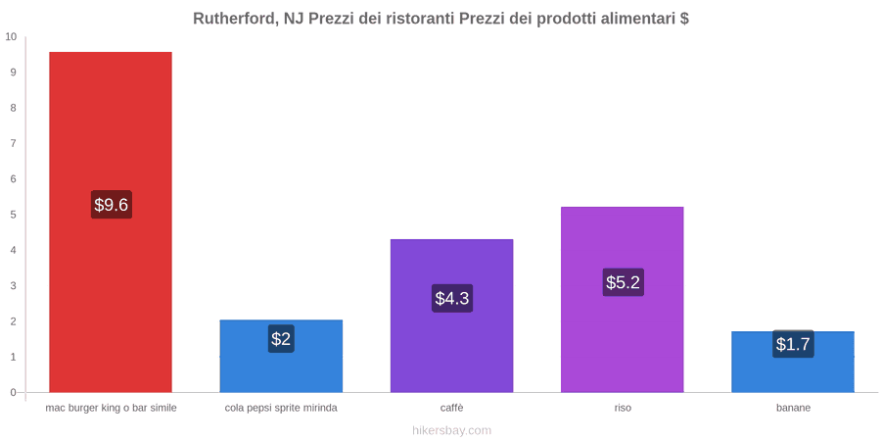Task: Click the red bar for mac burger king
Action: click(x=111, y=222)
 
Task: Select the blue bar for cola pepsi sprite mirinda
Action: click(x=281, y=356)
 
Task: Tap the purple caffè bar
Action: click(x=451, y=316)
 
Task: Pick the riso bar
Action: click(x=622, y=300)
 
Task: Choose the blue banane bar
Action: click(x=793, y=362)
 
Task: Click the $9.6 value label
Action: click(x=112, y=205)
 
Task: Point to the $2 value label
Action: click(x=281, y=339)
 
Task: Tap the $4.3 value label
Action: click(x=451, y=298)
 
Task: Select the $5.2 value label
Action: click(x=623, y=282)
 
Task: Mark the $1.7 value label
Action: click(x=793, y=344)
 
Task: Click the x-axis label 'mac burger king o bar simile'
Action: click(x=112, y=408)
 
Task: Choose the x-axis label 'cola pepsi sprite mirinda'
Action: click(x=281, y=408)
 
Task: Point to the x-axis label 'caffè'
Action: click(x=451, y=408)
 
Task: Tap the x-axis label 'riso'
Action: click(x=623, y=408)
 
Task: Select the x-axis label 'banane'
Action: click(x=793, y=408)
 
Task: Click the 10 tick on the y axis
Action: click(x=11, y=37)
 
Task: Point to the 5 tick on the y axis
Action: click(x=14, y=215)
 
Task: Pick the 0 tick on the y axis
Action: click(x=14, y=393)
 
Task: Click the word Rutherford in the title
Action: click(x=235, y=19)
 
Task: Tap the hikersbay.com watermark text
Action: click(x=451, y=430)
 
